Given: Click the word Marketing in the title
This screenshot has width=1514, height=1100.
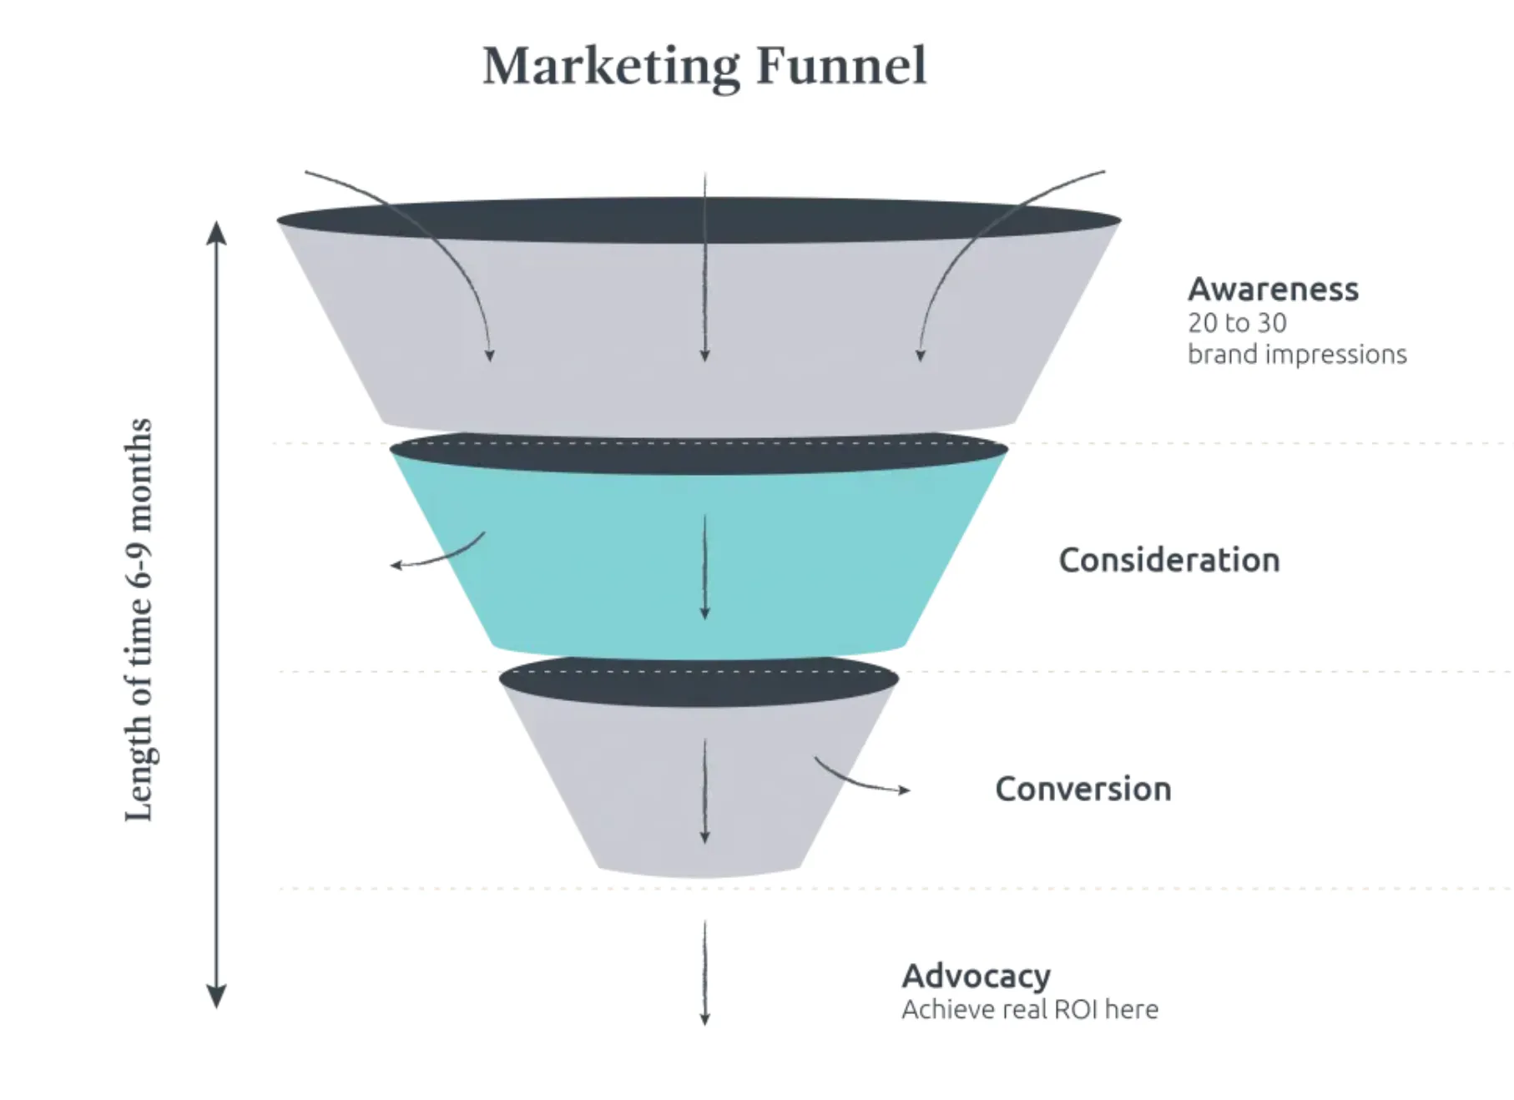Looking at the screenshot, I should (x=611, y=67).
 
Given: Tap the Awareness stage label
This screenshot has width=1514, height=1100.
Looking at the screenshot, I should (x=1273, y=289).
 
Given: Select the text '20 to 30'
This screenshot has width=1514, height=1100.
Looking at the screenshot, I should (x=1237, y=323).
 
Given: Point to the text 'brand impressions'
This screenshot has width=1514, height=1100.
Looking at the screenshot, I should (x=1297, y=355).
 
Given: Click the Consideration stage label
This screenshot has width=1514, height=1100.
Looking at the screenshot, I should (x=1168, y=560).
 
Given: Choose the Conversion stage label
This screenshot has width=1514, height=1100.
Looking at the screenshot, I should (x=1083, y=789).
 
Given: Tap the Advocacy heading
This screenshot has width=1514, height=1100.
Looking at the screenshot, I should (x=976, y=976).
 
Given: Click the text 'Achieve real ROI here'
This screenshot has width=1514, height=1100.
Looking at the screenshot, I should (x=1029, y=1010).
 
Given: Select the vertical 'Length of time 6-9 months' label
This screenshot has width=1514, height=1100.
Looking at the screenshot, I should (x=139, y=619).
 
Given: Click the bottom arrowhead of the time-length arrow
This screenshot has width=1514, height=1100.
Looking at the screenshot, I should (x=217, y=998).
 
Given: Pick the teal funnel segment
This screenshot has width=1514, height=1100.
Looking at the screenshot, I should (x=584, y=568).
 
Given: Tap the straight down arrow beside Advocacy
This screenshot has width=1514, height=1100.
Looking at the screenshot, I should (x=704, y=972).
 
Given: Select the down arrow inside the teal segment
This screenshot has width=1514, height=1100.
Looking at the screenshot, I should (x=704, y=568).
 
